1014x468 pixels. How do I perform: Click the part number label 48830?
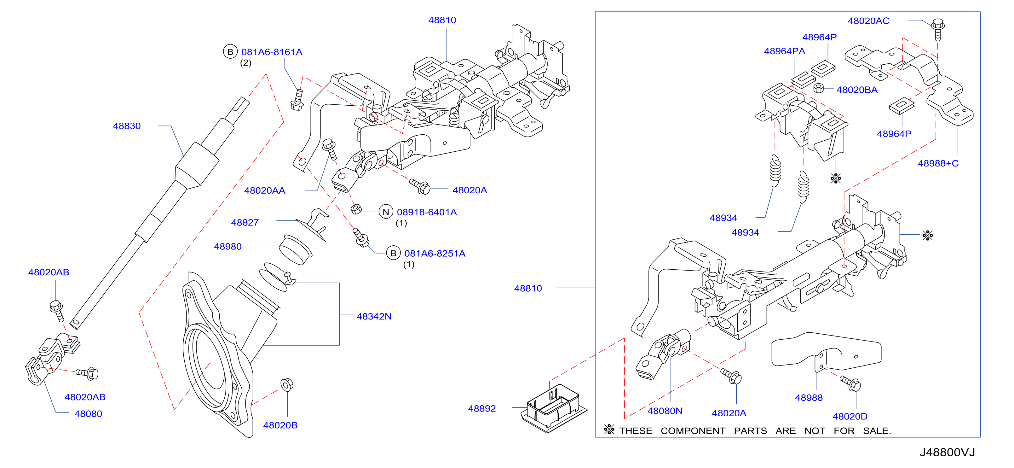pyautogui.click(x=127, y=126)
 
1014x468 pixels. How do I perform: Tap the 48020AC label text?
pyautogui.click(x=868, y=21)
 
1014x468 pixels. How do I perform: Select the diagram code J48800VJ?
pyautogui.click(x=947, y=452)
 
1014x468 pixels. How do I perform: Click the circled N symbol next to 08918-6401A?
pyautogui.click(x=386, y=212)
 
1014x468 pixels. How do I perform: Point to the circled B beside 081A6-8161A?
pyautogui.click(x=230, y=52)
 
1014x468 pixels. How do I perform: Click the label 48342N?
pyautogui.click(x=374, y=316)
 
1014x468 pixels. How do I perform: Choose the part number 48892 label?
pyautogui.click(x=482, y=408)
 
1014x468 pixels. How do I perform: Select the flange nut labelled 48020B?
pyautogui.click(x=287, y=384)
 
